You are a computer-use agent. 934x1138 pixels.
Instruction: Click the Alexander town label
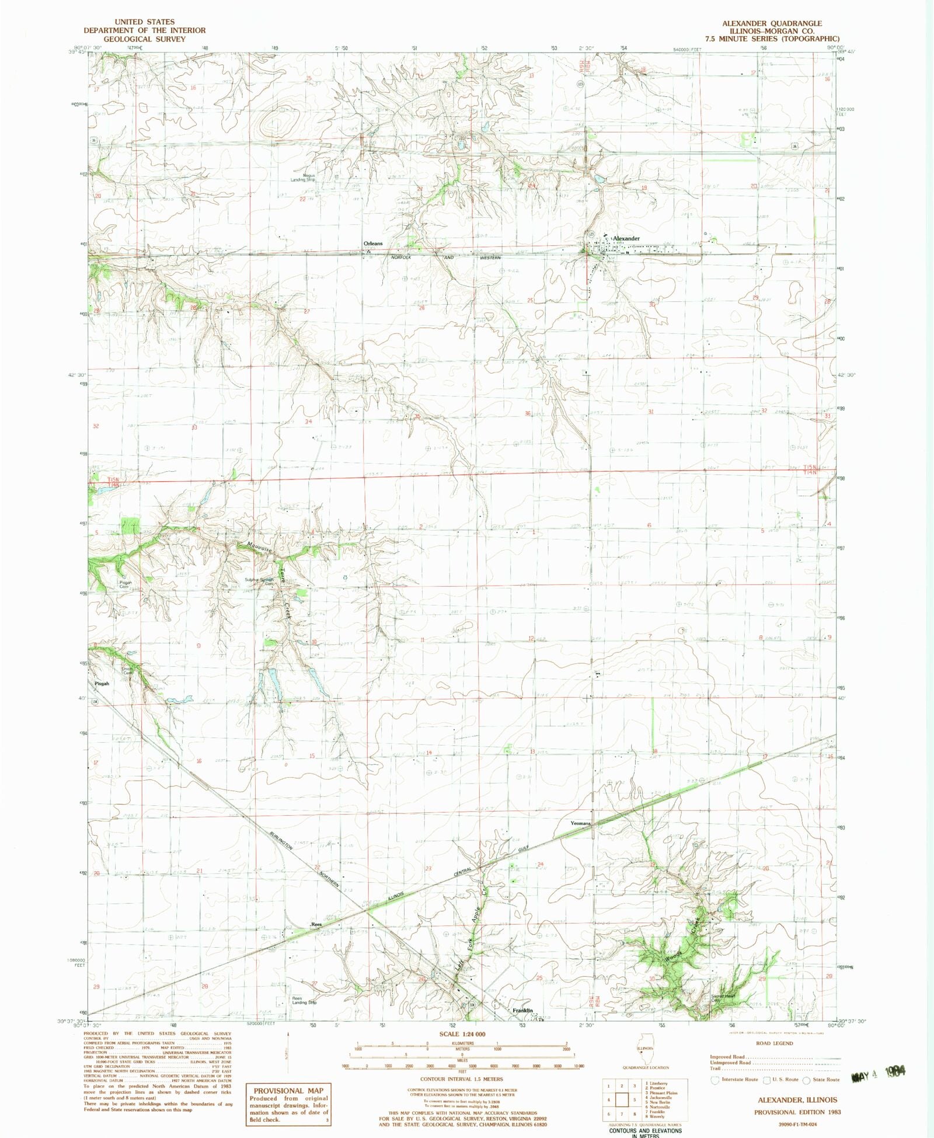coord(626,238)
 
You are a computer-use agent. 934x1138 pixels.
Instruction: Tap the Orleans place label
coord(373,243)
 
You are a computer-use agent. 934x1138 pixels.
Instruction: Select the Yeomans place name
coord(580,823)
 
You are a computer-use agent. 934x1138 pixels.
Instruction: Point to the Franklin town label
coord(523,1010)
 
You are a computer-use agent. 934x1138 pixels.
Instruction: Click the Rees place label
coord(316,924)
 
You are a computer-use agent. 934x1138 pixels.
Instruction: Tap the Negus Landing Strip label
coord(304,178)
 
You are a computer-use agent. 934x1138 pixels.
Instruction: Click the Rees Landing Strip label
coord(305,1000)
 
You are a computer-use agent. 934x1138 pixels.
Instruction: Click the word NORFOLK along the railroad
coord(401,257)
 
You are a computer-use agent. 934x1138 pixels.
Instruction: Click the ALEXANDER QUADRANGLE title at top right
coord(772,23)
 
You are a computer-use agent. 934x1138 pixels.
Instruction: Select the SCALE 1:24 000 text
coord(462,1033)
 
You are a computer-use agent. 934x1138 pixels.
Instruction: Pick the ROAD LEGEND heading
coord(775,1043)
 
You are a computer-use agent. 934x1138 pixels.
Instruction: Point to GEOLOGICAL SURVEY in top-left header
coord(144,39)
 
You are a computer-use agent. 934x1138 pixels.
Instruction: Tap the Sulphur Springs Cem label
coord(259,582)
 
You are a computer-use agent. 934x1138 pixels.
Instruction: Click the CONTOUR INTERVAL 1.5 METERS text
coord(462,1079)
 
